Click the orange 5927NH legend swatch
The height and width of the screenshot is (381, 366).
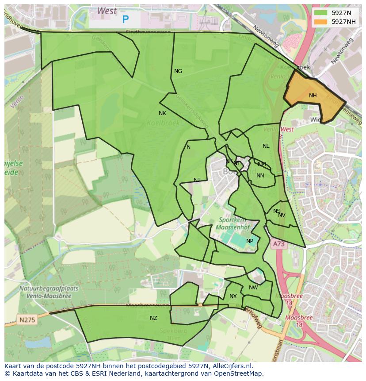click(321, 22)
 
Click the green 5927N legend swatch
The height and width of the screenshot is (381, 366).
click(321, 13)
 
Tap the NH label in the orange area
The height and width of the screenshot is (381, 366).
click(313, 96)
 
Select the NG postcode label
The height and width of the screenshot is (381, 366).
click(178, 71)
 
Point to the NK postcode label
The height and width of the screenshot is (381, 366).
click(162, 113)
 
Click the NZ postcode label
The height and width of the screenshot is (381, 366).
click(153, 318)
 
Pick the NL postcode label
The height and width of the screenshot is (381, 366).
click(266, 146)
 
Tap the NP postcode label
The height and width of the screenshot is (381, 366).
click(250, 241)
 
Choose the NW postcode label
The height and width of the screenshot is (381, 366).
click(253, 288)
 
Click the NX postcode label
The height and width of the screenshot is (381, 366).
click(233, 296)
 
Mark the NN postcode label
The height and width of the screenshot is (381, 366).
click(260, 176)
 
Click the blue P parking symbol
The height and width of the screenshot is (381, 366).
click(126, 19)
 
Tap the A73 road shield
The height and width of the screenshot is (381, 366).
click(278, 244)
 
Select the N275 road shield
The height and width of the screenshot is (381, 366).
click(27, 319)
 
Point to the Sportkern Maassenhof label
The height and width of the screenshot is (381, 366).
click(233, 223)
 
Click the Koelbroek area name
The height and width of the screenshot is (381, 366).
click(163, 123)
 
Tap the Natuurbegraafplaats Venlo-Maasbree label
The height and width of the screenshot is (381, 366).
click(49, 292)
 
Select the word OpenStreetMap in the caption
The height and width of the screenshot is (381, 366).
click(241, 373)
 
